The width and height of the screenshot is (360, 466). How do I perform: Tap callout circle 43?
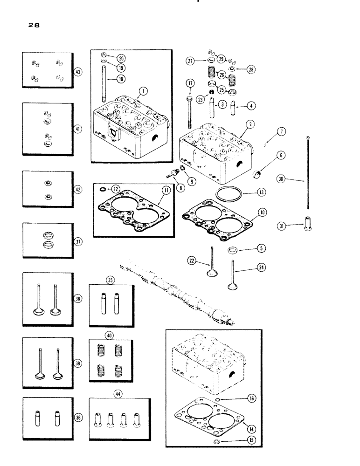pos(78,72)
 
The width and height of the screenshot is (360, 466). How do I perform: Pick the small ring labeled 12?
pos(102,190)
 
